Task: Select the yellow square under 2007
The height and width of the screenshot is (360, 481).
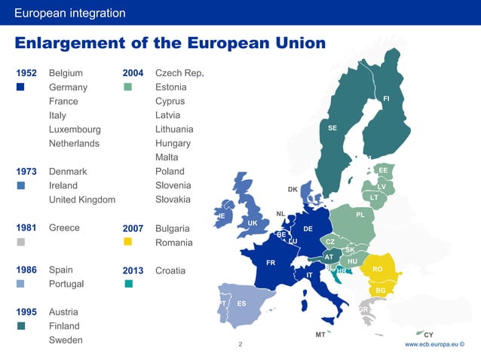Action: (x=127, y=242)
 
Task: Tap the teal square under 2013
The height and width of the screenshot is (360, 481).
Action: (x=128, y=284)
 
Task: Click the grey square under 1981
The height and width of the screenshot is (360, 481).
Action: (x=21, y=242)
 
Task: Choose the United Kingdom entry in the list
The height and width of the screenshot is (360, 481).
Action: (x=82, y=200)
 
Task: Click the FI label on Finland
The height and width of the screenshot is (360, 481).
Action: (x=386, y=99)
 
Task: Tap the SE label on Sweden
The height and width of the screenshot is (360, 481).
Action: (x=332, y=128)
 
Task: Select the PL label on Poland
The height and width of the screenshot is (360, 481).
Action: (x=360, y=215)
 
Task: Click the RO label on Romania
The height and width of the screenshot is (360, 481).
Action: (x=378, y=269)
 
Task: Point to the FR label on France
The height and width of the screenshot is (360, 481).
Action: (x=271, y=263)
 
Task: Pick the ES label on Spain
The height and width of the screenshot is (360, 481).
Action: (x=241, y=304)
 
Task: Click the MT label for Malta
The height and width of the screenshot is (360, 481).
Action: (x=320, y=334)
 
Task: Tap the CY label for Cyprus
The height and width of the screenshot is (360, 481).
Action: (x=428, y=334)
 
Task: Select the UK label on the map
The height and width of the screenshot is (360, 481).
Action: (x=253, y=223)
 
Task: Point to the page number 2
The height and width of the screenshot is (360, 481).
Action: (x=240, y=344)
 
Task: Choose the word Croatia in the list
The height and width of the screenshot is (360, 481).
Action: (x=173, y=270)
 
